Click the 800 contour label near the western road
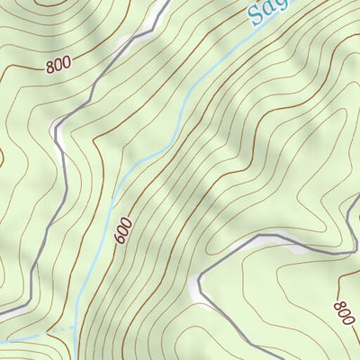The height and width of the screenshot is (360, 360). (x=57, y=66)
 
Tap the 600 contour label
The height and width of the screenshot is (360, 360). (x=124, y=229)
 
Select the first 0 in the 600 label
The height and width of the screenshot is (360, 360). (x=124, y=229)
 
